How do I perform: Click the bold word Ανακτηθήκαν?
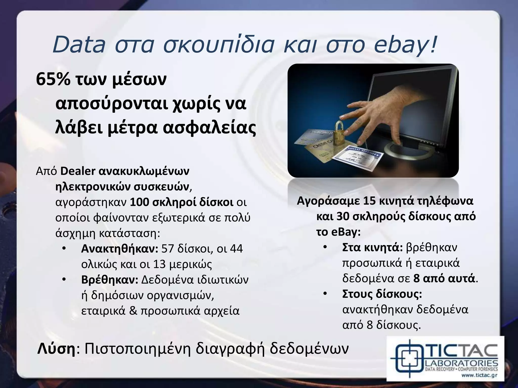click(x=119, y=249)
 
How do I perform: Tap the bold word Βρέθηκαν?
click(x=110, y=280)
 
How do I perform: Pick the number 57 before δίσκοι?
click(x=168, y=249)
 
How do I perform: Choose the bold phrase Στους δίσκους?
click(x=382, y=294)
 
